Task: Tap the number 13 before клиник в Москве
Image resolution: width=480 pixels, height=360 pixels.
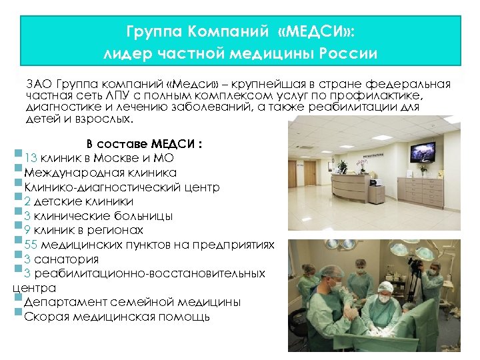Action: click(30, 158)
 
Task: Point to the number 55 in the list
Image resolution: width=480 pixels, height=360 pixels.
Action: click(30, 245)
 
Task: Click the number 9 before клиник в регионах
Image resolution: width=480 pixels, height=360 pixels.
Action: click(27, 230)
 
